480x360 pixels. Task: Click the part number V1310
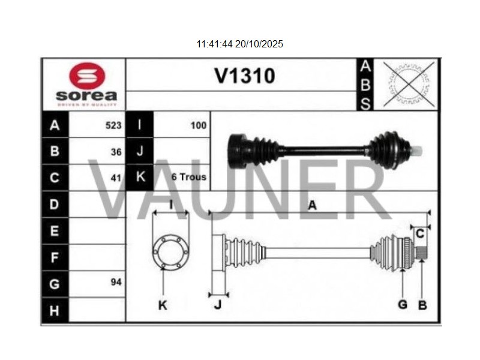tap(245, 76)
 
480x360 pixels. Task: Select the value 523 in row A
tap(113, 125)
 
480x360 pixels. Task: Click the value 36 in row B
tap(116, 152)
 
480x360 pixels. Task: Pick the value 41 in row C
tap(116, 178)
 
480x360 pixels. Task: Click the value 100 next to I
tap(198, 125)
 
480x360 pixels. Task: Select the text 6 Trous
tap(188, 177)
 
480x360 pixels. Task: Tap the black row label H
tap(55, 310)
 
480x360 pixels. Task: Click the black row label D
tap(55, 205)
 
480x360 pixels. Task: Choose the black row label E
tap(55, 231)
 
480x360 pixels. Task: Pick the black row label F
tap(55, 257)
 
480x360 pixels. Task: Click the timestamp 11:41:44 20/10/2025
tap(239, 44)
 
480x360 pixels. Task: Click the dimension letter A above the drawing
tap(312, 205)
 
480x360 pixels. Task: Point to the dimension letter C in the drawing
tap(420, 233)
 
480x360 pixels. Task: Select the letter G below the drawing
tap(403, 304)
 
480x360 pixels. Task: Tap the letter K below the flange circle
tap(162, 305)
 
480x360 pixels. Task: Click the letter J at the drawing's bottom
tap(218, 305)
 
